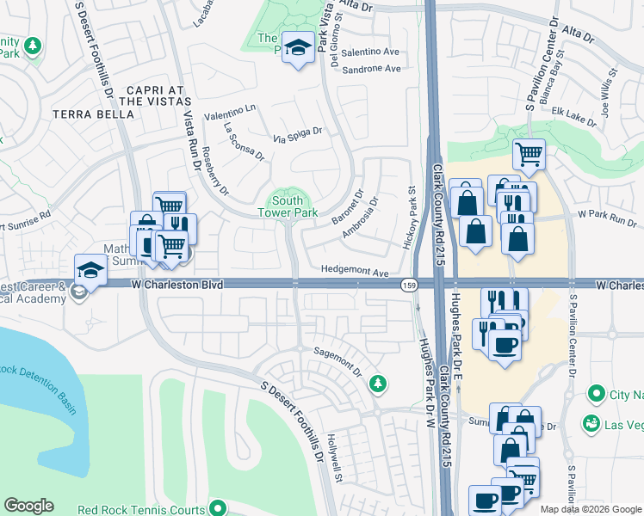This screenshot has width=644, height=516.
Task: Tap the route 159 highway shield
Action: click(x=408, y=285)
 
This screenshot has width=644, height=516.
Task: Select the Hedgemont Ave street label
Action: click(x=355, y=270)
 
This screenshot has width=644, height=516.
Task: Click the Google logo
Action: click(x=28, y=506)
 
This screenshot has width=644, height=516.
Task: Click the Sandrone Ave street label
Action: click(x=371, y=68)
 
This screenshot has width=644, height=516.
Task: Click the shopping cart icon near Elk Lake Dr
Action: click(x=529, y=154)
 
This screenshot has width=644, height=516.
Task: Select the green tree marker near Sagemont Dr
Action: click(x=377, y=383)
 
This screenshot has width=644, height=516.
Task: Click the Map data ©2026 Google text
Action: click(x=591, y=508)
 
